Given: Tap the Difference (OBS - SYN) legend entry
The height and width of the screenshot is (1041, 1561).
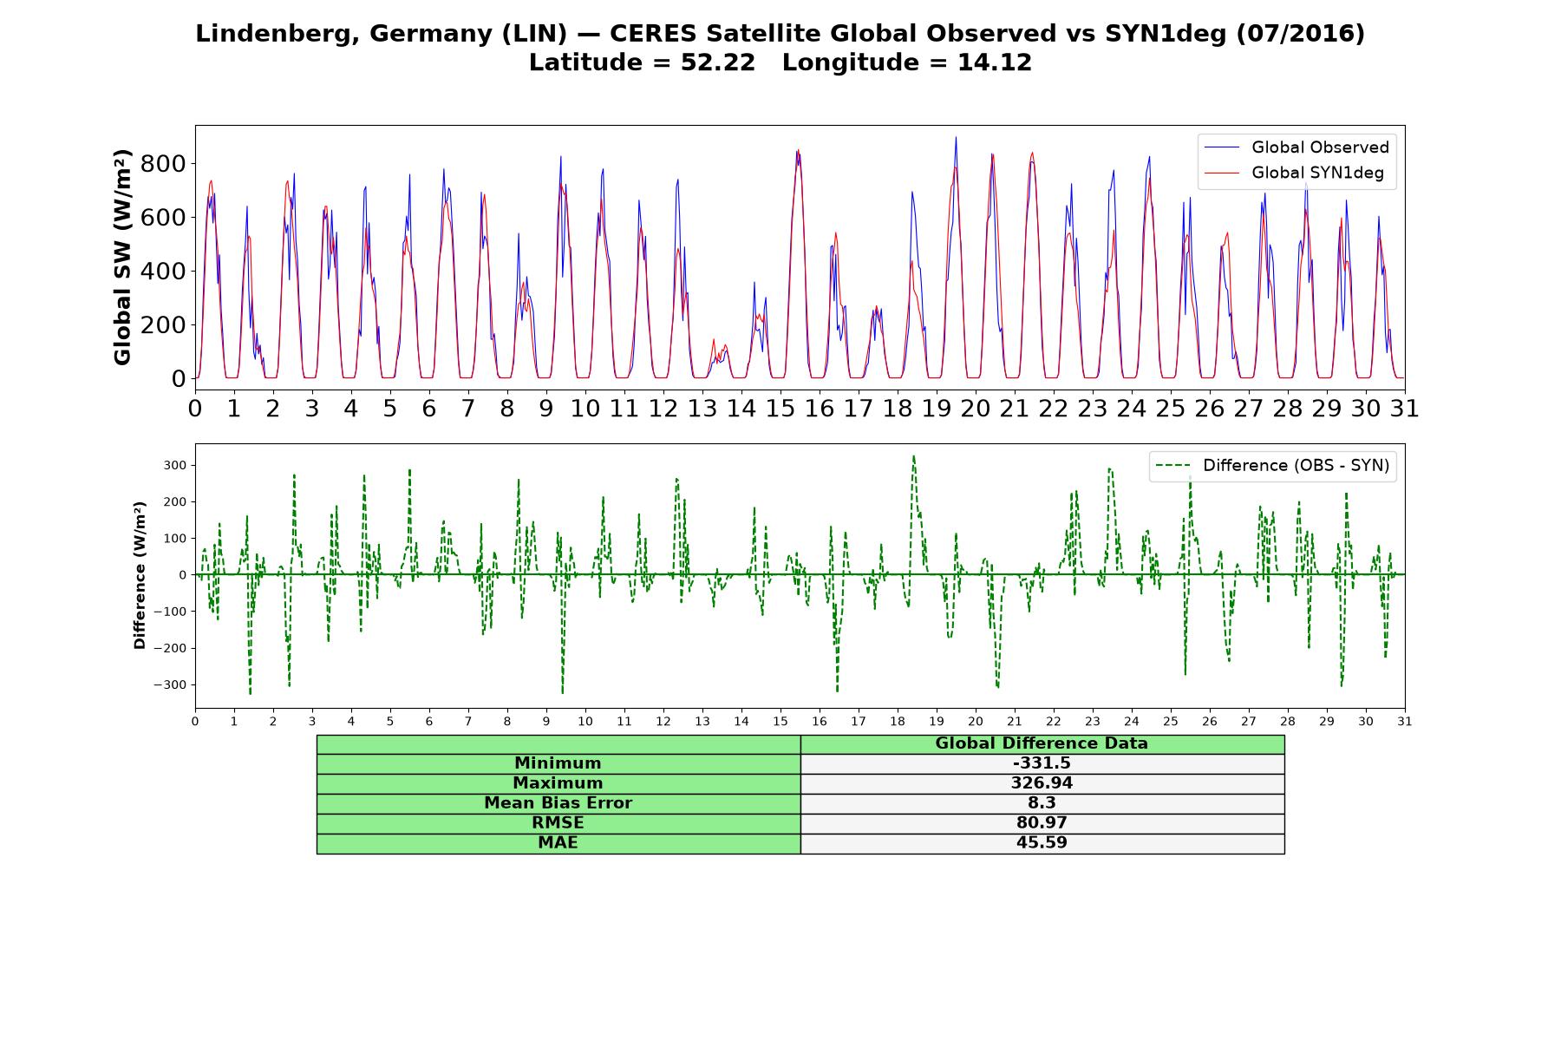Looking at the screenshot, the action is [1272, 466].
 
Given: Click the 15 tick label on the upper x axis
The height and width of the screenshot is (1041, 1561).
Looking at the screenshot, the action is [780, 409].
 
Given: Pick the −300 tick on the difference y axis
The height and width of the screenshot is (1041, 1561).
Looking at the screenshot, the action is [170, 685].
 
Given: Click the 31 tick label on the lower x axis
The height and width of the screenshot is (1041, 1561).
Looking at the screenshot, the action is [1405, 722].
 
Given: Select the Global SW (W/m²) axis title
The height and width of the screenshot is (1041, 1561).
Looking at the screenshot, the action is [123, 257].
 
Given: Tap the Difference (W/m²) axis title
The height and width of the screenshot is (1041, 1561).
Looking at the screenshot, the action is [140, 575].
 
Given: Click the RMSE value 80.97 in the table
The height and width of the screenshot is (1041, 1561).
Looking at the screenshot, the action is [1042, 823].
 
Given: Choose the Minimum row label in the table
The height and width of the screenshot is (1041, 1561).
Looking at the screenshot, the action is [558, 763].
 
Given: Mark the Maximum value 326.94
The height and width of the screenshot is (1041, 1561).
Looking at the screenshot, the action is [1042, 783].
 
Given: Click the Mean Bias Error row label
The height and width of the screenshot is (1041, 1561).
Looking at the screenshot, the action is [558, 803].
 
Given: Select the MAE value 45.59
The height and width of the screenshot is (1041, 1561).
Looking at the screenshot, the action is [1042, 843].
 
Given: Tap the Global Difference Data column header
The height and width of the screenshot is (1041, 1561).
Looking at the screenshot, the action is [1042, 743].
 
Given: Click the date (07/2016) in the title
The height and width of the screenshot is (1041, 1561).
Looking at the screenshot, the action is [1301, 34].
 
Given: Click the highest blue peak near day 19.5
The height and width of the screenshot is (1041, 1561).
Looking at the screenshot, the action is [956, 137].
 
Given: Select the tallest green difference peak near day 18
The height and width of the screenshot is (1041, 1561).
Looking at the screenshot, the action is [913, 456].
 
